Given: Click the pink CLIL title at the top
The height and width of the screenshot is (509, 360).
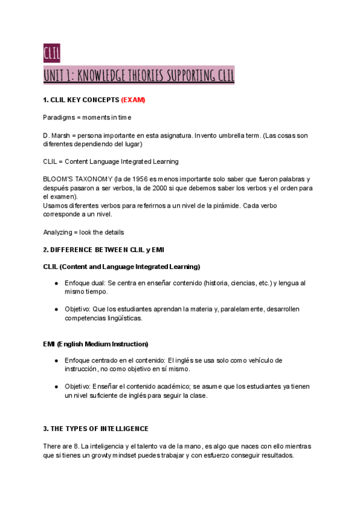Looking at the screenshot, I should (x=52, y=53).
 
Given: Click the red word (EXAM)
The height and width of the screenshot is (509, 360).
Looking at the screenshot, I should (x=133, y=100).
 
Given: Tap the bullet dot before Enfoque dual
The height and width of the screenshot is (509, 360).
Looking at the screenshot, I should (x=56, y=283).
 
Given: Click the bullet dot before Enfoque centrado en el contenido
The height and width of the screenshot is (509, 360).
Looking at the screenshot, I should (x=56, y=360).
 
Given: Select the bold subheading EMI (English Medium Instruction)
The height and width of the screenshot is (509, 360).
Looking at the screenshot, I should (x=95, y=344).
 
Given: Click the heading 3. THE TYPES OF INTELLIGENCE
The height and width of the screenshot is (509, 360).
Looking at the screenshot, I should (x=96, y=429).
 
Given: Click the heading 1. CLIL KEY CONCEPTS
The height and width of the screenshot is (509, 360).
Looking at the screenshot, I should (x=81, y=100).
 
